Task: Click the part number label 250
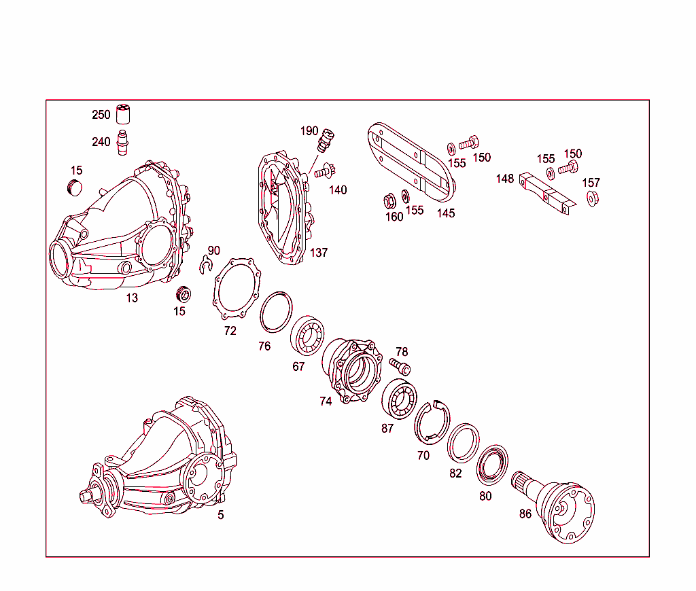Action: pos(101,115)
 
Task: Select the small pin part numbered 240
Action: pos(123,142)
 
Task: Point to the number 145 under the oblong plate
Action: pos(446,213)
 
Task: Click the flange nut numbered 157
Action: pos(592,199)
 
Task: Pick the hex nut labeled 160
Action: pos(390,201)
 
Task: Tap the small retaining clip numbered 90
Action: pos(207,266)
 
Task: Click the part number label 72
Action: pos(230,331)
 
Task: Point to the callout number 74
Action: pos(326,401)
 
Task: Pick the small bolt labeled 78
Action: pos(400,367)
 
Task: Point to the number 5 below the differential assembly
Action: pos(220,515)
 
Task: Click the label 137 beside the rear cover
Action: pos(319,253)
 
